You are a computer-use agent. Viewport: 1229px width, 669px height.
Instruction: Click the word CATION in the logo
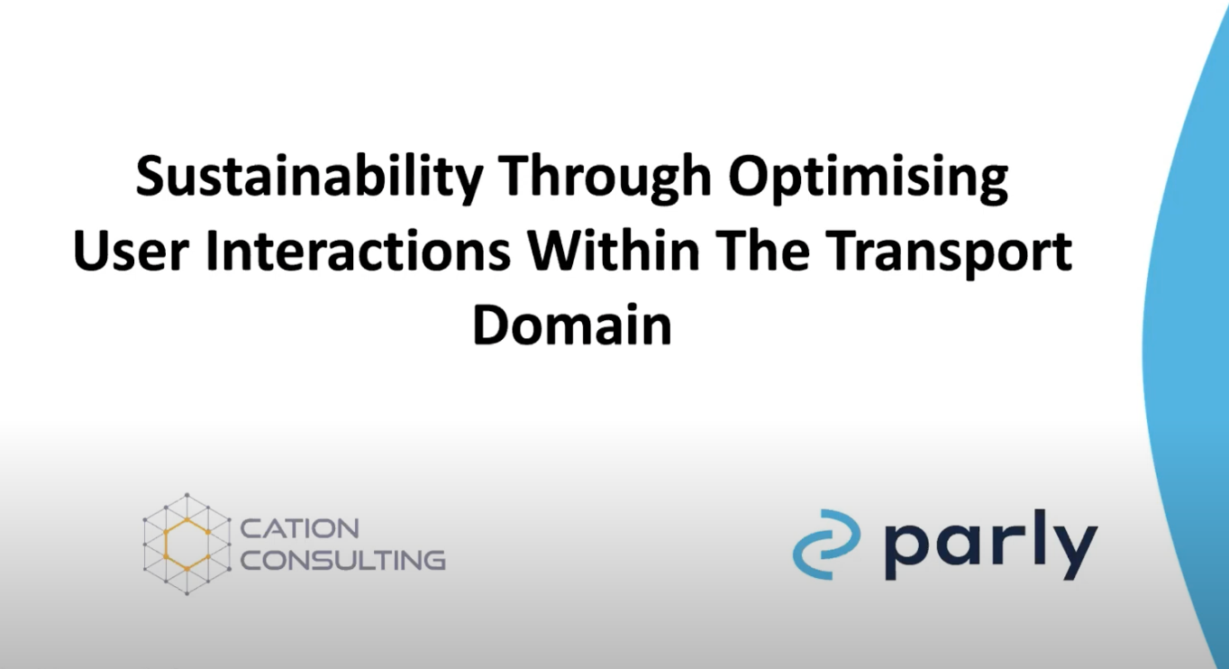tap(300, 528)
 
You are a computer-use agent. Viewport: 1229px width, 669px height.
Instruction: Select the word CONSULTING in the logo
tap(343, 559)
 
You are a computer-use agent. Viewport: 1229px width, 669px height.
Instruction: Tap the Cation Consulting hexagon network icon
tap(187, 544)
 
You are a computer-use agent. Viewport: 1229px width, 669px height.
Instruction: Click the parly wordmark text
tap(989, 544)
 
